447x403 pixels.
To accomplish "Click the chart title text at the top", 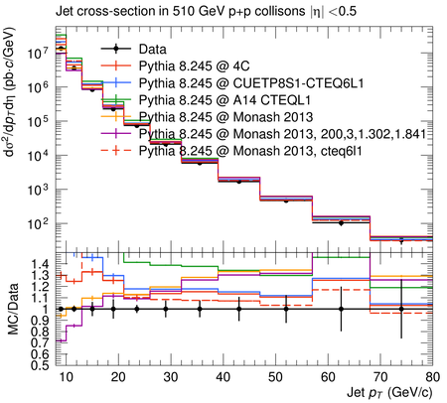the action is tap(206, 12).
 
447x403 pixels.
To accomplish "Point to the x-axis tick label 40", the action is tap(223, 377).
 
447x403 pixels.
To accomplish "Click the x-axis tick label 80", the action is tap(432, 377).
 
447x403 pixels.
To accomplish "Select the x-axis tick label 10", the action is tap(66, 377).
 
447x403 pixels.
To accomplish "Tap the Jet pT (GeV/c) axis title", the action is tap(389, 393).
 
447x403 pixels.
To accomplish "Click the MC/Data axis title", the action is tap(13, 309).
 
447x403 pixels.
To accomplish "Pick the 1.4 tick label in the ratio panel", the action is tap(40, 264).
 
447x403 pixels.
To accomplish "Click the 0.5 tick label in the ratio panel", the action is tap(40, 365).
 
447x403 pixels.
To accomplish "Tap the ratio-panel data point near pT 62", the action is tap(341, 309).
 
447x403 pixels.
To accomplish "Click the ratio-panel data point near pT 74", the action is tap(401, 309).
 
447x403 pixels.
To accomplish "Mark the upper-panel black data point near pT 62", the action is tap(341, 223).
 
